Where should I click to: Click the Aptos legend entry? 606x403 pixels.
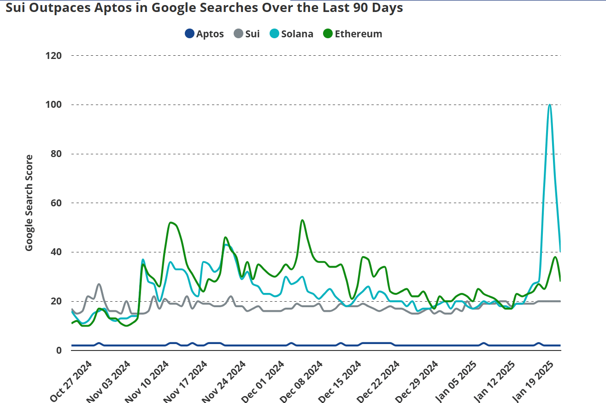[204, 34]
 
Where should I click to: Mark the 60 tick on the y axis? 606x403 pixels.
[56, 203]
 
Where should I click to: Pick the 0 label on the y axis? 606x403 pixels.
[59, 350]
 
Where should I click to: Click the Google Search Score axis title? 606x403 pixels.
[29, 203]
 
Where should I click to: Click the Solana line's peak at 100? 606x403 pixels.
[549, 105]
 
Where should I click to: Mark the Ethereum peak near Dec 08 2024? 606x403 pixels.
[302, 220]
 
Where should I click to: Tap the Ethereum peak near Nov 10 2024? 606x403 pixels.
[171, 222]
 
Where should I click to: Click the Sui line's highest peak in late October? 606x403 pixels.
[99, 284]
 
